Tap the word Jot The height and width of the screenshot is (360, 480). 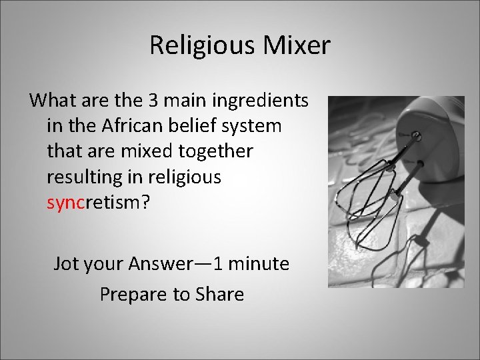66,264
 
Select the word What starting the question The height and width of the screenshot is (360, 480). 53,101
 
